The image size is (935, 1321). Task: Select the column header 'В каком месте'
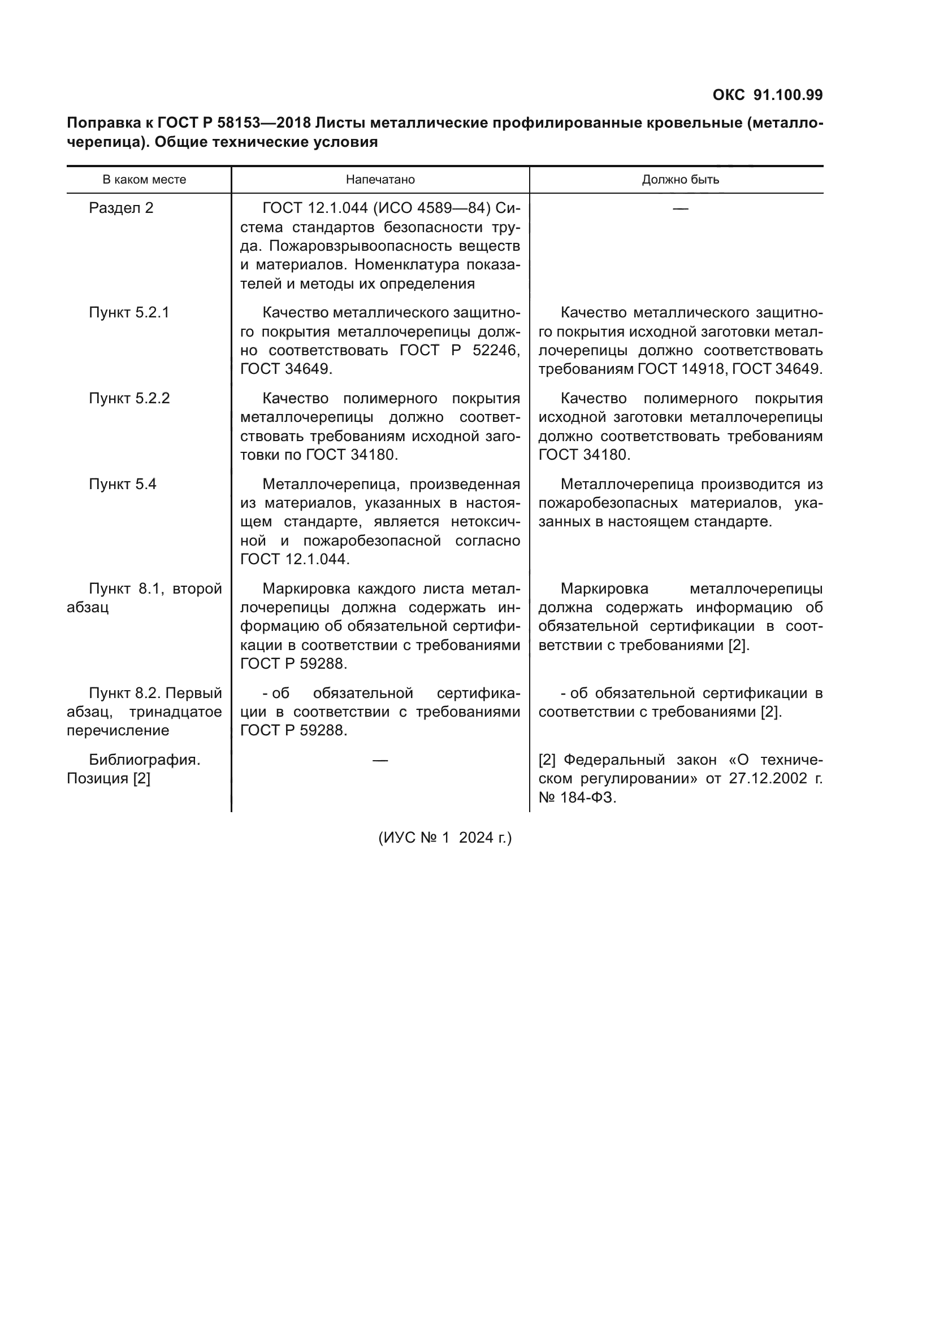coord(144,180)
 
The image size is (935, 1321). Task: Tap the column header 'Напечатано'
coord(380,180)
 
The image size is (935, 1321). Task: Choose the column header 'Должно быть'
coord(680,180)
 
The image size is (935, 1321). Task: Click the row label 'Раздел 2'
coord(121,208)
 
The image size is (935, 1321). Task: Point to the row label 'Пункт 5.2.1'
coord(129,313)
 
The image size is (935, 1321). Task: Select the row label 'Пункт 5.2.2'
coord(129,399)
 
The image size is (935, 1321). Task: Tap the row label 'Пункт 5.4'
coord(122,485)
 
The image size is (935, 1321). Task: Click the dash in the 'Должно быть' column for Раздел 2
coord(680,208)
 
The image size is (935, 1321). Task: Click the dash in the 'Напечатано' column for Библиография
coord(380,760)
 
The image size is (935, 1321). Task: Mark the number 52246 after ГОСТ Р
coord(495,351)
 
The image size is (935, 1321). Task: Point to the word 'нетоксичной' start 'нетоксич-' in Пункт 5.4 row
coord(486,522)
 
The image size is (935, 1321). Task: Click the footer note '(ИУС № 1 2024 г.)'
coord(444,838)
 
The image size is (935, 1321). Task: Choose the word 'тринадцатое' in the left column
coord(175,712)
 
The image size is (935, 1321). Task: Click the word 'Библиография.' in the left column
coord(144,760)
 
